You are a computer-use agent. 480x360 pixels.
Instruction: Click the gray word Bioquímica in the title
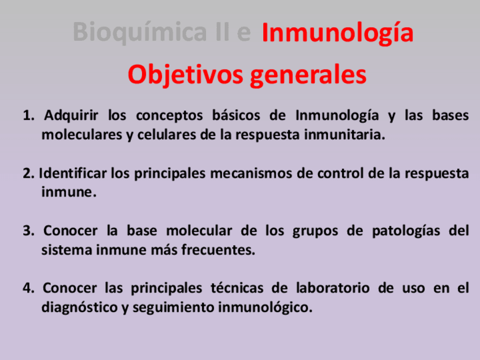[x=140, y=32]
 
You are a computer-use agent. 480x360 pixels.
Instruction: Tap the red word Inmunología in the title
[x=338, y=33]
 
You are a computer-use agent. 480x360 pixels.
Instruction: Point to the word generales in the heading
[x=308, y=76]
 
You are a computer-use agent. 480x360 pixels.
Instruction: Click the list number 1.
[x=28, y=115]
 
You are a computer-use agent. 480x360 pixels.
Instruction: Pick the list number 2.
[x=28, y=174]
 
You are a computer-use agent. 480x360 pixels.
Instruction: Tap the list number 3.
[x=28, y=231]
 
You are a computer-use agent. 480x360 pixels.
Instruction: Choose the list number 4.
[x=28, y=288]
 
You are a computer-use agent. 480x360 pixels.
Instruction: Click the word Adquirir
[x=71, y=116]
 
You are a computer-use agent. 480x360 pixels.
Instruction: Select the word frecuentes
[x=218, y=250]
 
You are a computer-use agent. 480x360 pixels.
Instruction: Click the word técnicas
[x=237, y=288]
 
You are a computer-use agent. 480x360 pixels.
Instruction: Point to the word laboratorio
[x=333, y=288]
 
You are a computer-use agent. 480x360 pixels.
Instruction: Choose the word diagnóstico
[x=80, y=307]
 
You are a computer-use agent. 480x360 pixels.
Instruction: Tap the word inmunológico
[x=265, y=307]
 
